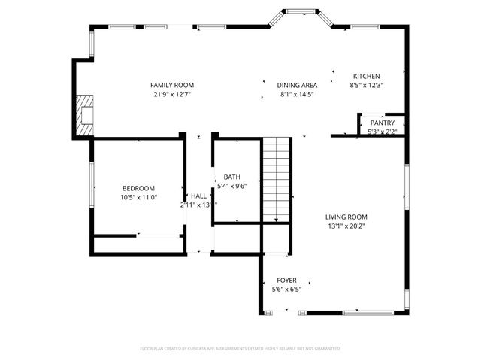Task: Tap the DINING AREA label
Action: (297, 85)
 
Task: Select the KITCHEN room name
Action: (367, 76)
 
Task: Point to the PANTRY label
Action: (382, 123)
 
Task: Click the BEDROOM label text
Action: (138, 188)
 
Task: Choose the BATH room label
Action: (231, 177)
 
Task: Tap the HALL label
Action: (198, 196)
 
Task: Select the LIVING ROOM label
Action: (346, 217)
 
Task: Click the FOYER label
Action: (286, 279)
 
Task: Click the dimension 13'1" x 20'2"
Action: (346, 226)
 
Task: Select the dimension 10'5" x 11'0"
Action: (138, 197)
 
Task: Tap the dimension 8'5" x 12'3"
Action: (367, 85)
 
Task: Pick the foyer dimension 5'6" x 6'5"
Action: (286, 288)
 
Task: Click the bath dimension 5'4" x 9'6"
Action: (231, 186)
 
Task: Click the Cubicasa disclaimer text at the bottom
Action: (240, 348)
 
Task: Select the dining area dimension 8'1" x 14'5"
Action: (297, 94)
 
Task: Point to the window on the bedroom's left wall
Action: (92, 188)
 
